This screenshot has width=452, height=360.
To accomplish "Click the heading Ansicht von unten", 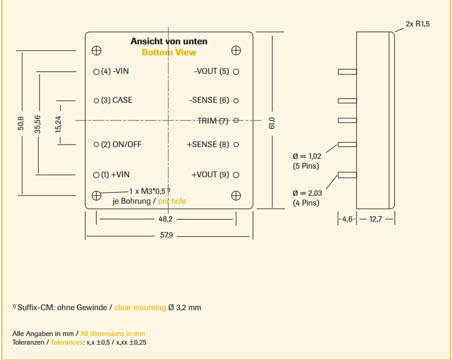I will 169,41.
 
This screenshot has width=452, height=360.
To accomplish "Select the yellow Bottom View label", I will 169,52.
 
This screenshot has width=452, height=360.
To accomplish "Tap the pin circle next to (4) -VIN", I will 96,71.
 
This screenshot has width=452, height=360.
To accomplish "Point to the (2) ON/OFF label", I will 121,145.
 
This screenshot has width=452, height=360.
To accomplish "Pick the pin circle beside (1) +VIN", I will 96,175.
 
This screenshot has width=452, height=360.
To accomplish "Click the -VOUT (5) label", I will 211,71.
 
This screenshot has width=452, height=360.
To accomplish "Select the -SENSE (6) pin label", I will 209,100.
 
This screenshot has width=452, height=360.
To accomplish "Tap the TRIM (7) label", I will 213,121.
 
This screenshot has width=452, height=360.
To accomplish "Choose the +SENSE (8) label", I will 208,145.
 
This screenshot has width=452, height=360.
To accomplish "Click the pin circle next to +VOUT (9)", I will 236,175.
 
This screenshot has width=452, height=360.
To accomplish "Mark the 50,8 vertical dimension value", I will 22,122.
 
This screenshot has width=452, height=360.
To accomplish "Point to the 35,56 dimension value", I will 38,122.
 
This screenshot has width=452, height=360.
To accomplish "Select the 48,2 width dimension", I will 165,219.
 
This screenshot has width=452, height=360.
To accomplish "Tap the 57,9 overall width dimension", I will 166,236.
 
